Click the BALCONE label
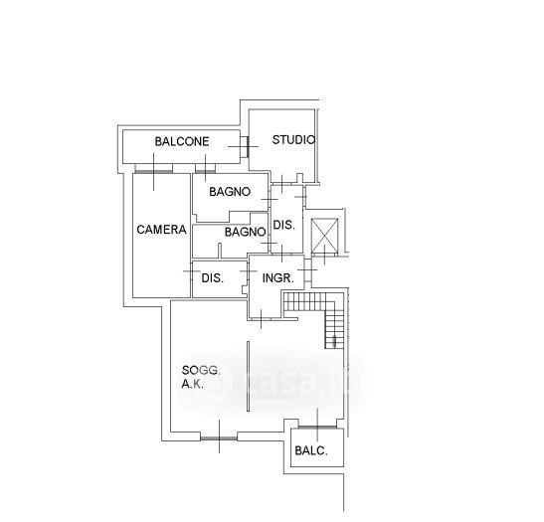point(182,141)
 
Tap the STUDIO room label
point(293,140)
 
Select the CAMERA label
point(161,230)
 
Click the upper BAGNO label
point(230,192)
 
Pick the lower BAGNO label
point(246,232)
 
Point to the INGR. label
point(278,277)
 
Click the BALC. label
point(311,450)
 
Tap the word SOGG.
point(201,371)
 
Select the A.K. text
point(193,384)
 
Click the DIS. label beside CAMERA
point(213,277)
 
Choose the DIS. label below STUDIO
point(284,225)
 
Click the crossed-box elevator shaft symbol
point(325,236)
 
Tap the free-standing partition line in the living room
point(248,376)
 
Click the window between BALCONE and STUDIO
point(245,146)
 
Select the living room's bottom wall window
point(219,438)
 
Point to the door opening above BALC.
point(317,428)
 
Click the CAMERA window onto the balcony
point(153,171)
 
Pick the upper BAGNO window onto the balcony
point(206,171)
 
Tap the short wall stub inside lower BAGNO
point(220,251)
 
